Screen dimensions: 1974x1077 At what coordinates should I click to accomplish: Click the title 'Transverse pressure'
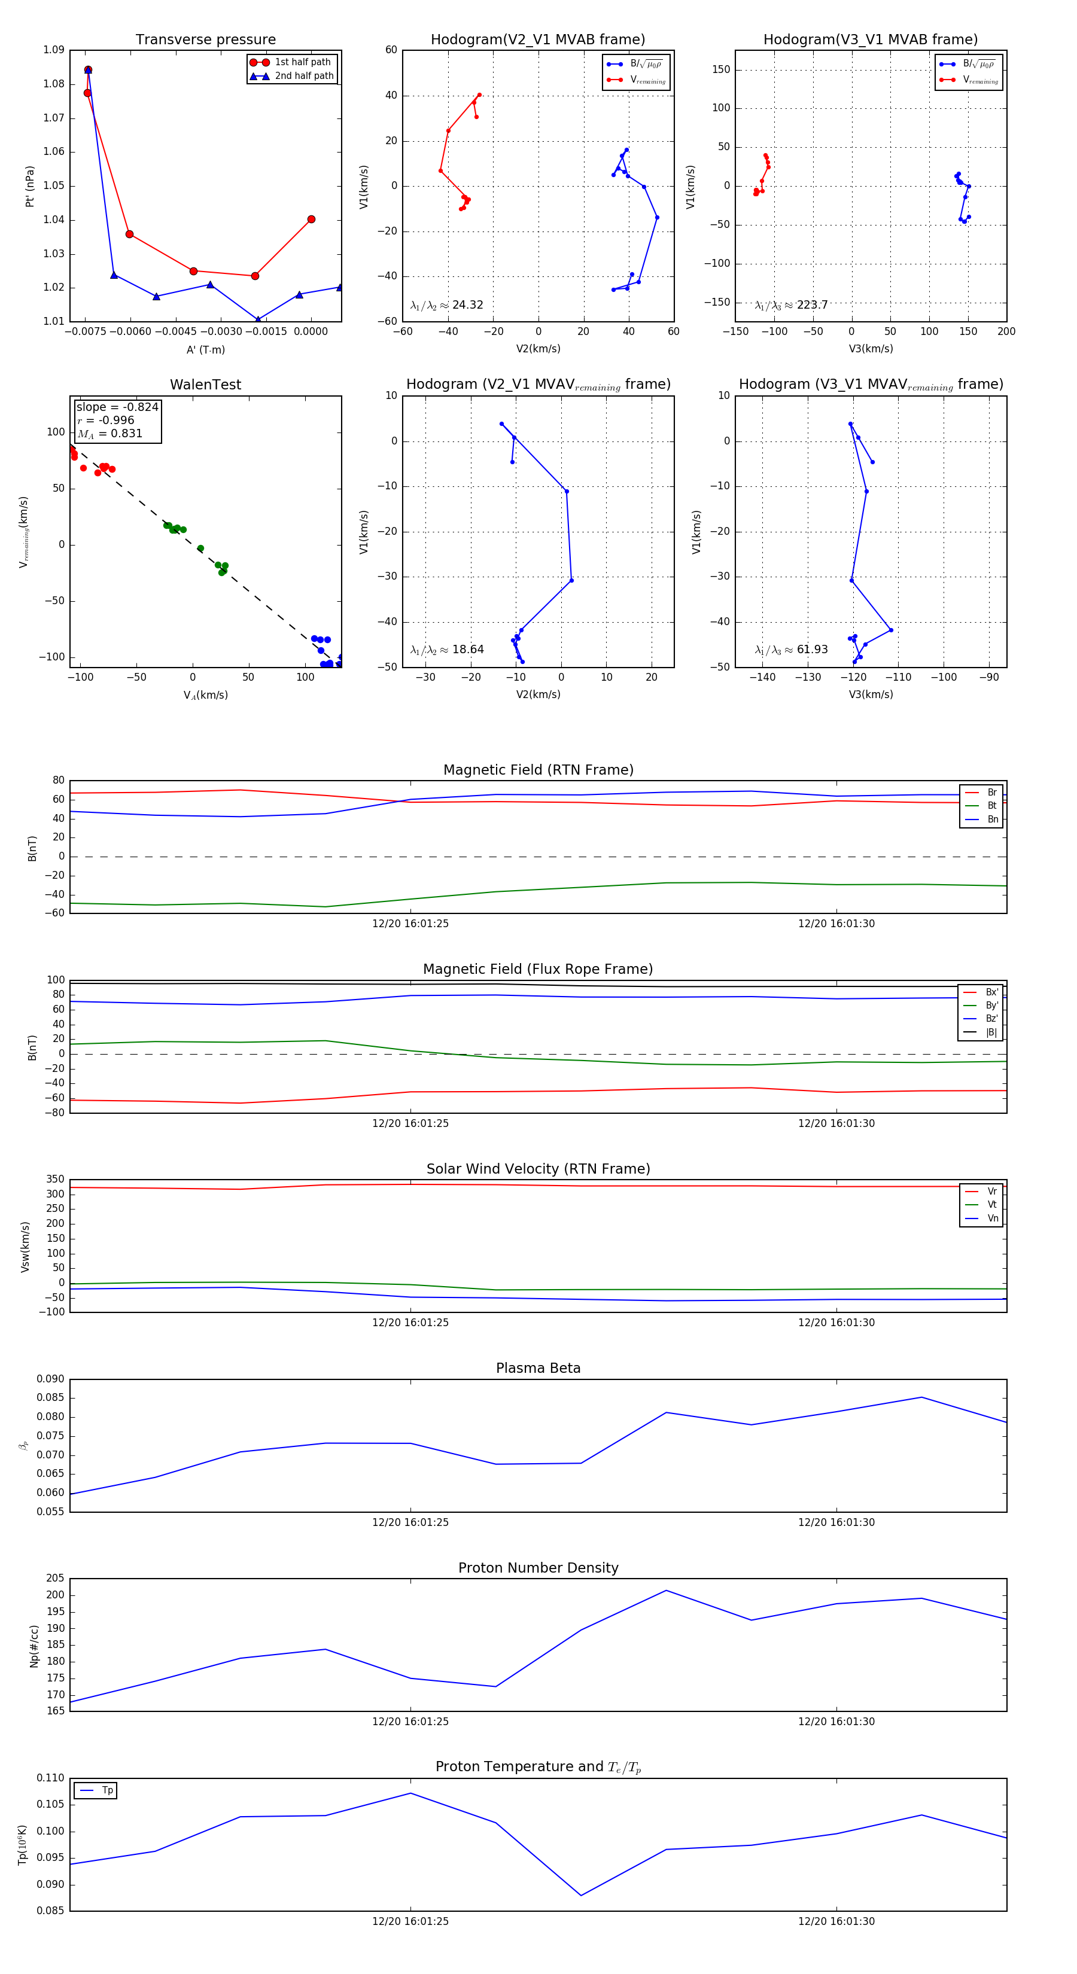[x=205, y=40]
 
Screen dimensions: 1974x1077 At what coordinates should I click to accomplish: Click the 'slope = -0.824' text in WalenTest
[x=117, y=407]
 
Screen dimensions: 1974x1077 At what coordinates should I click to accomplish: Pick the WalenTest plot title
[x=205, y=385]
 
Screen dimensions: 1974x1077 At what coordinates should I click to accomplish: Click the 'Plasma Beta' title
[x=538, y=1368]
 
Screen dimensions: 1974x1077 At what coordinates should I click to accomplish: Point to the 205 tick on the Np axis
[x=55, y=1578]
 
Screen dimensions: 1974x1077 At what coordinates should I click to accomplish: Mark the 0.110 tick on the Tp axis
[x=51, y=1778]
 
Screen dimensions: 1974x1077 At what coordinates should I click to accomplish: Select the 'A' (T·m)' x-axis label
[x=205, y=349]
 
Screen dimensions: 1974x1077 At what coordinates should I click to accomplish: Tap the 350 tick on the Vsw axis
[x=55, y=1180]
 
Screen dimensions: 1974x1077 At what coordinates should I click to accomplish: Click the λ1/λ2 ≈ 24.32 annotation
[x=447, y=305]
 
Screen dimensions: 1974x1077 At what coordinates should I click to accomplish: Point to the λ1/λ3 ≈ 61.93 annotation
[x=791, y=650]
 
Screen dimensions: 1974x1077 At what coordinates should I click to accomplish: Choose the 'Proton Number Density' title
[x=538, y=1568]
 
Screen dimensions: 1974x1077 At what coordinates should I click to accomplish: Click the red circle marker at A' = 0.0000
[x=311, y=219]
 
